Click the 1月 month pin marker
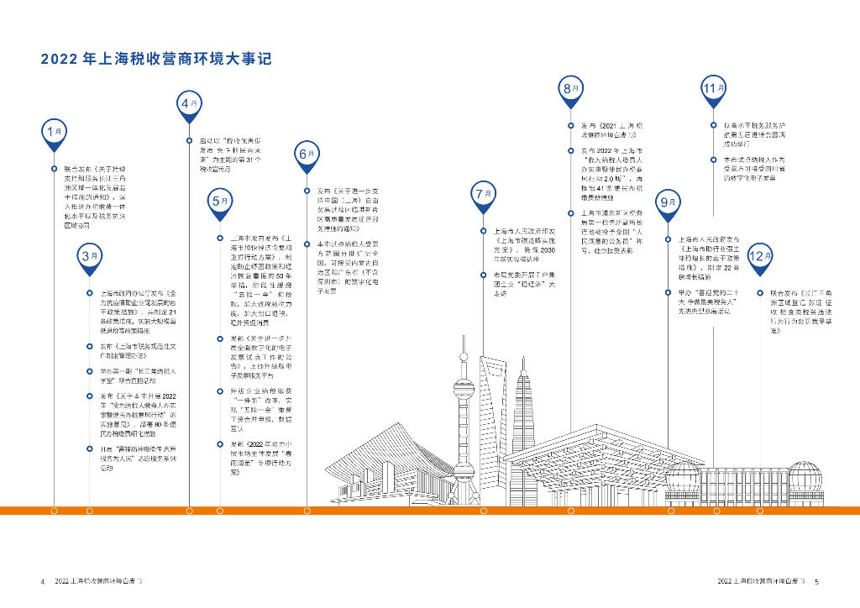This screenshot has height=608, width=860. point(55,132)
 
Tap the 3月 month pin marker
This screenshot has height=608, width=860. point(89,256)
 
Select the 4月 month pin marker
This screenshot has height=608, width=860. point(189,104)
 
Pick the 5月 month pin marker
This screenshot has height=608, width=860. point(219,202)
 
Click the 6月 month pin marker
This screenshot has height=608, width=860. point(307,155)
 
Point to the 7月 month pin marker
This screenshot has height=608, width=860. point(483,195)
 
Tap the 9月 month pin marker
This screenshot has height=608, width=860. point(669,203)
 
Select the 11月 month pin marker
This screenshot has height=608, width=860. point(713,88)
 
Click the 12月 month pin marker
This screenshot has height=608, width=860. point(759,257)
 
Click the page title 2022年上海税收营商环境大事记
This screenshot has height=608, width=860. point(155,60)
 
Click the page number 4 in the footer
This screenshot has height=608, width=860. point(42,581)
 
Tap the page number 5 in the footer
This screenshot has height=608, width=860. point(816,581)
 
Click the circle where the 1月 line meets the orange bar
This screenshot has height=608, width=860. point(55,511)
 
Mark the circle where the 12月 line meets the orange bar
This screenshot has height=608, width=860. point(759,511)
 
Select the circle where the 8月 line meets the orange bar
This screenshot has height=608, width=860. point(571,511)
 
